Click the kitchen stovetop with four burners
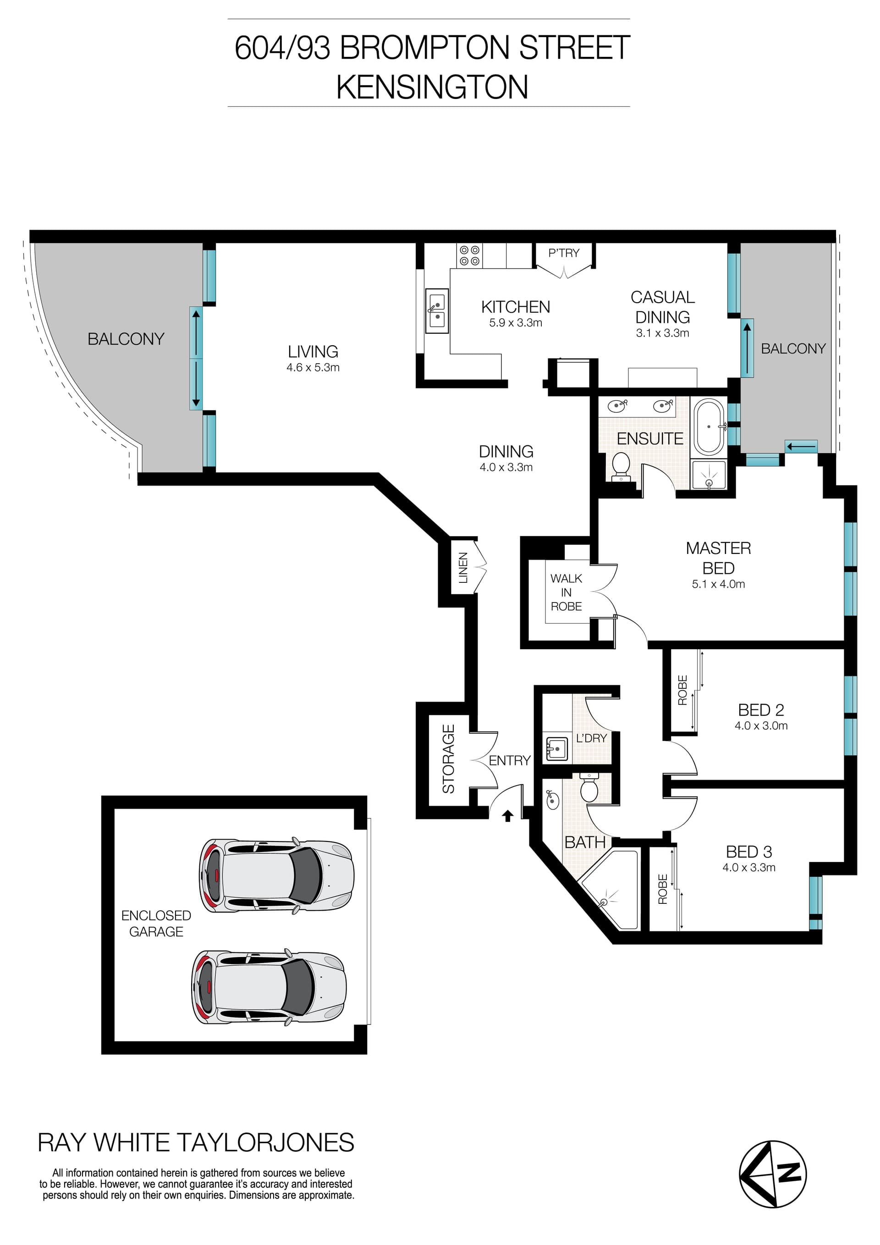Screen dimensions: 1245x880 point(469,255)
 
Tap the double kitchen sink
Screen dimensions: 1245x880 point(437,311)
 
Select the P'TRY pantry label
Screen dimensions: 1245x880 point(564,253)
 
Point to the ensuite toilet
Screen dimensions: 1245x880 point(621,466)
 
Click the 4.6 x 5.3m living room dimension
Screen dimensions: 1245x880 point(313,368)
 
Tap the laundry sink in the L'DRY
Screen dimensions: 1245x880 point(556,749)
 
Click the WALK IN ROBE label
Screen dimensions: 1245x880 point(566,592)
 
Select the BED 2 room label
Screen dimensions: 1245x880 point(761,710)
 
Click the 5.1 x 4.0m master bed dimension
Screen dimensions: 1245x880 point(718,584)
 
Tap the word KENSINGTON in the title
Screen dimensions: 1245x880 point(432,87)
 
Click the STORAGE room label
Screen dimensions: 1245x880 point(448,758)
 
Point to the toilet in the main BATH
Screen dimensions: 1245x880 point(588,788)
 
